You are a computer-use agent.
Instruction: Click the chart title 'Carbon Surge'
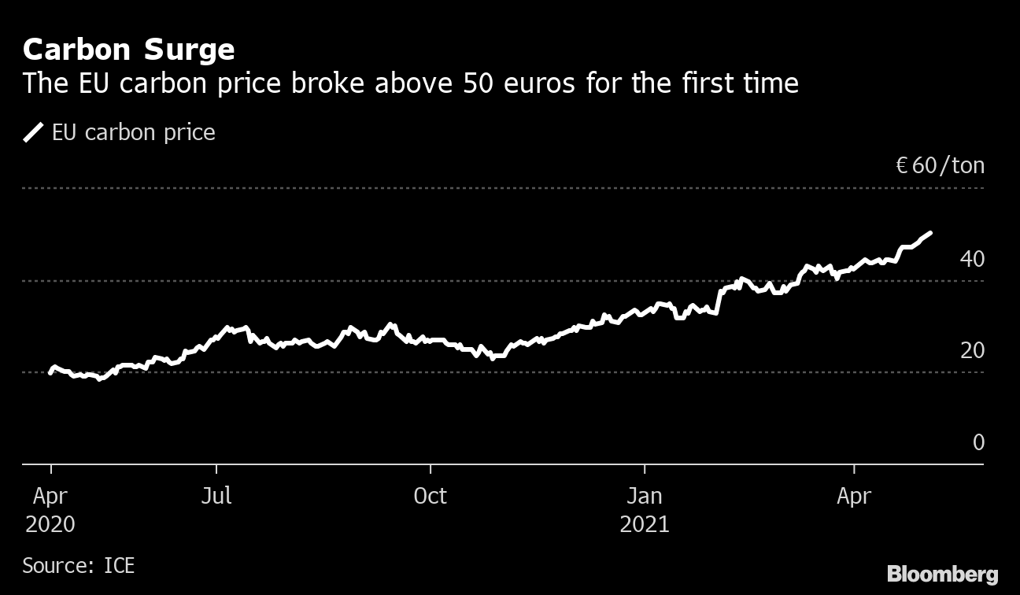(x=128, y=50)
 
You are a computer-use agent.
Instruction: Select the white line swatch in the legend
(x=33, y=132)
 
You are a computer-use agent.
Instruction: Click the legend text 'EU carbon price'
(x=133, y=132)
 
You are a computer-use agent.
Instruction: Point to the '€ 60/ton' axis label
(x=940, y=166)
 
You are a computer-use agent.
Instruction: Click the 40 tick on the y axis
(x=972, y=258)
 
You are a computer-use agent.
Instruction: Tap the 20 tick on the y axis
(x=972, y=350)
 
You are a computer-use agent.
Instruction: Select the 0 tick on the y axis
(x=978, y=442)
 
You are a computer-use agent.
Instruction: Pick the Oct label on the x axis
(x=430, y=496)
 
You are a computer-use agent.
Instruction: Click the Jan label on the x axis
(x=644, y=496)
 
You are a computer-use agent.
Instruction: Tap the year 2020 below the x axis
(x=50, y=524)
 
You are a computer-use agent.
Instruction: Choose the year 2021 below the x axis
(x=644, y=524)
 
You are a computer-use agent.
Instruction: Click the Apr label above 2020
(x=50, y=496)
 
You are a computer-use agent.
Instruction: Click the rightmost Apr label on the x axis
(x=854, y=496)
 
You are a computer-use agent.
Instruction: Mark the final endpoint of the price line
(x=931, y=233)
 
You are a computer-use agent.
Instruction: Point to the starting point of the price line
(x=50, y=372)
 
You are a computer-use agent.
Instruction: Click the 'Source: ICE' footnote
(x=79, y=565)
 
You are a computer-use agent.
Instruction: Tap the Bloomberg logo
(x=942, y=574)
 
